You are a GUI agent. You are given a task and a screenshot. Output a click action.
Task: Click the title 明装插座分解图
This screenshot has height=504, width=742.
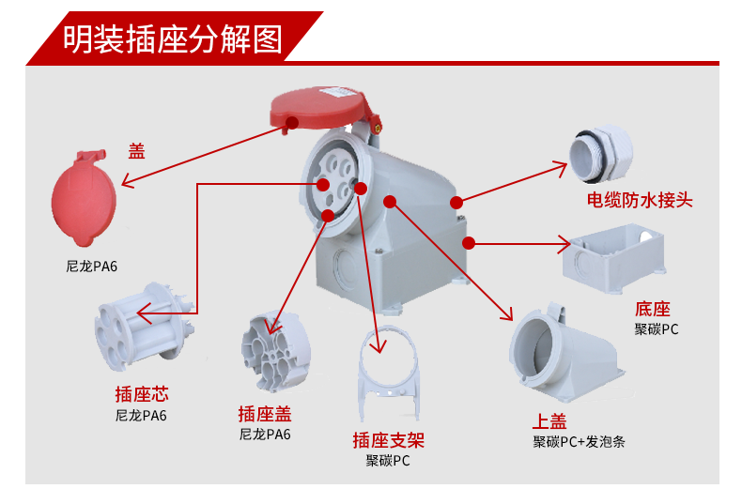click(173, 38)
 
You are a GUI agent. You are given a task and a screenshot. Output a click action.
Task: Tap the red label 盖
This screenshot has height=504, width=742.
click(137, 151)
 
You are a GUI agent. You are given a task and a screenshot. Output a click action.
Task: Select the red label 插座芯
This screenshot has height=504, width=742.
click(142, 394)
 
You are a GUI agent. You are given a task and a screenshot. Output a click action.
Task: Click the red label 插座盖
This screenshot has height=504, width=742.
click(265, 414)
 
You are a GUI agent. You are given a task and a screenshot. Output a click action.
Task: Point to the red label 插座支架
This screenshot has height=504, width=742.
click(389, 440)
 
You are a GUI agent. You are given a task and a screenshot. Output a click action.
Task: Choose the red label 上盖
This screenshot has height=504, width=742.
click(549, 420)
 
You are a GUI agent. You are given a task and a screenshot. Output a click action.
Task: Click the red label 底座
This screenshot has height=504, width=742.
click(653, 309)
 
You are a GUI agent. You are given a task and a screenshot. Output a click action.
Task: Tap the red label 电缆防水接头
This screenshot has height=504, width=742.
click(640, 200)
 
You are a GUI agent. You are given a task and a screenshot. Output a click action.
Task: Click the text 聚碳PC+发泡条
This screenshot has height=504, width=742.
click(579, 442)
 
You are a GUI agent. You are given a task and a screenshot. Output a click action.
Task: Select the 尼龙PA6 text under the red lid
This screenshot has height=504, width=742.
click(91, 267)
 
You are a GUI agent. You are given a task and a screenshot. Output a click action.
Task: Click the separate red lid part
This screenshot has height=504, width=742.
click(84, 198)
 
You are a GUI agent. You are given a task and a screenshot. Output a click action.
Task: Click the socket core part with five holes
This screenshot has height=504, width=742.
click(141, 327)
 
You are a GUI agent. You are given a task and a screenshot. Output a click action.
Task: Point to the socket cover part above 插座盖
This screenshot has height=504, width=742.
click(276, 351)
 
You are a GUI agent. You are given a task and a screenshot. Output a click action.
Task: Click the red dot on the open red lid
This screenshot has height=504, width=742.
click(292, 123)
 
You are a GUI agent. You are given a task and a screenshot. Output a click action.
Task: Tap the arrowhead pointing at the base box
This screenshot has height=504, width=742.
click(564, 244)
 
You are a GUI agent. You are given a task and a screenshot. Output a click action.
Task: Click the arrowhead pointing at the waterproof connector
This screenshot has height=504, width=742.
click(561, 168)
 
